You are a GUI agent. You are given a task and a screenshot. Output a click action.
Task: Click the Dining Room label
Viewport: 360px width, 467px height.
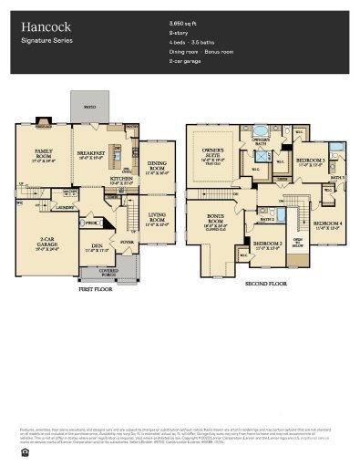click(x=157, y=166)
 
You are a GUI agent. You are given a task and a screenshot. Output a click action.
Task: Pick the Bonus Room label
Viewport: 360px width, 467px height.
click(x=216, y=217)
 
